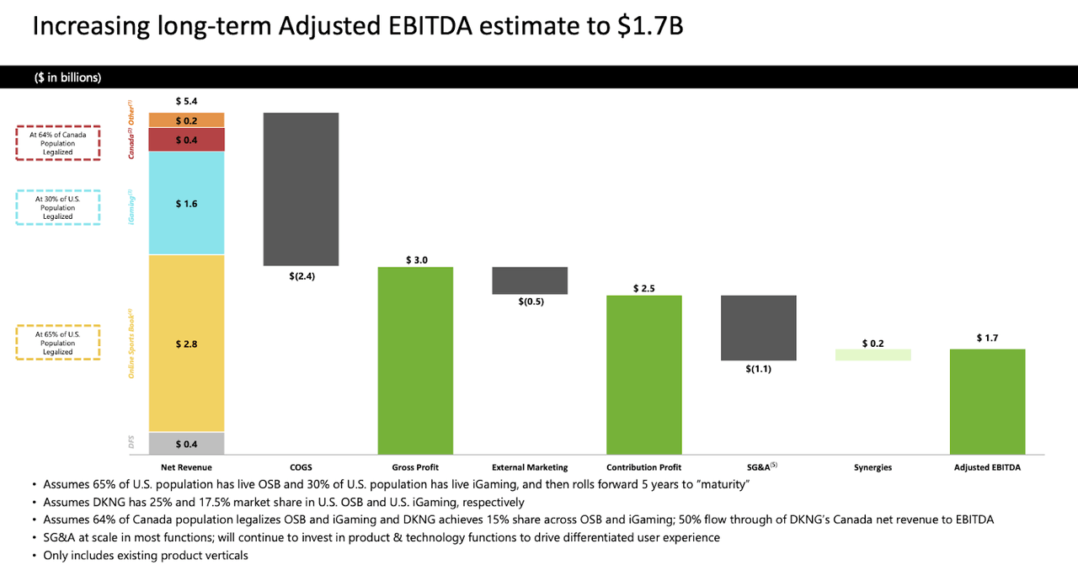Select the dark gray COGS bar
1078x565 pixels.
click(301, 189)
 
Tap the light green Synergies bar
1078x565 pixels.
click(873, 354)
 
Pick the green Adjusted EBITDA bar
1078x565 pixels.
click(987, 402)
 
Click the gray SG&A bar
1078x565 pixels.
click(759, 328)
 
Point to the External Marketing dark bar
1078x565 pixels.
click(530, 280)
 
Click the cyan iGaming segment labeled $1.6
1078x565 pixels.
click(186, 203)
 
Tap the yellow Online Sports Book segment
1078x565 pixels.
click(186, 343)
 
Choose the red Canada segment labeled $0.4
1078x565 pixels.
click(186, 139)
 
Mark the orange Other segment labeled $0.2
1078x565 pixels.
click(186, 120)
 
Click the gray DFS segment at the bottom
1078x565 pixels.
click(186, 444)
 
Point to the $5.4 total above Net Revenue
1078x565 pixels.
click(186, 101)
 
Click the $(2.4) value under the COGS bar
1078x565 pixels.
click(301, 275)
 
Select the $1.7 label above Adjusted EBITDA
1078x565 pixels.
click(987, 338)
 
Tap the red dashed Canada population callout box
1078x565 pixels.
click(58, 143)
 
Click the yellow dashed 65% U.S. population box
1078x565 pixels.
click(58, 343)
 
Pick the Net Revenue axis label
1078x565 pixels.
click(186, 467)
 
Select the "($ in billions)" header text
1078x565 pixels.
click(68, 77)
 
